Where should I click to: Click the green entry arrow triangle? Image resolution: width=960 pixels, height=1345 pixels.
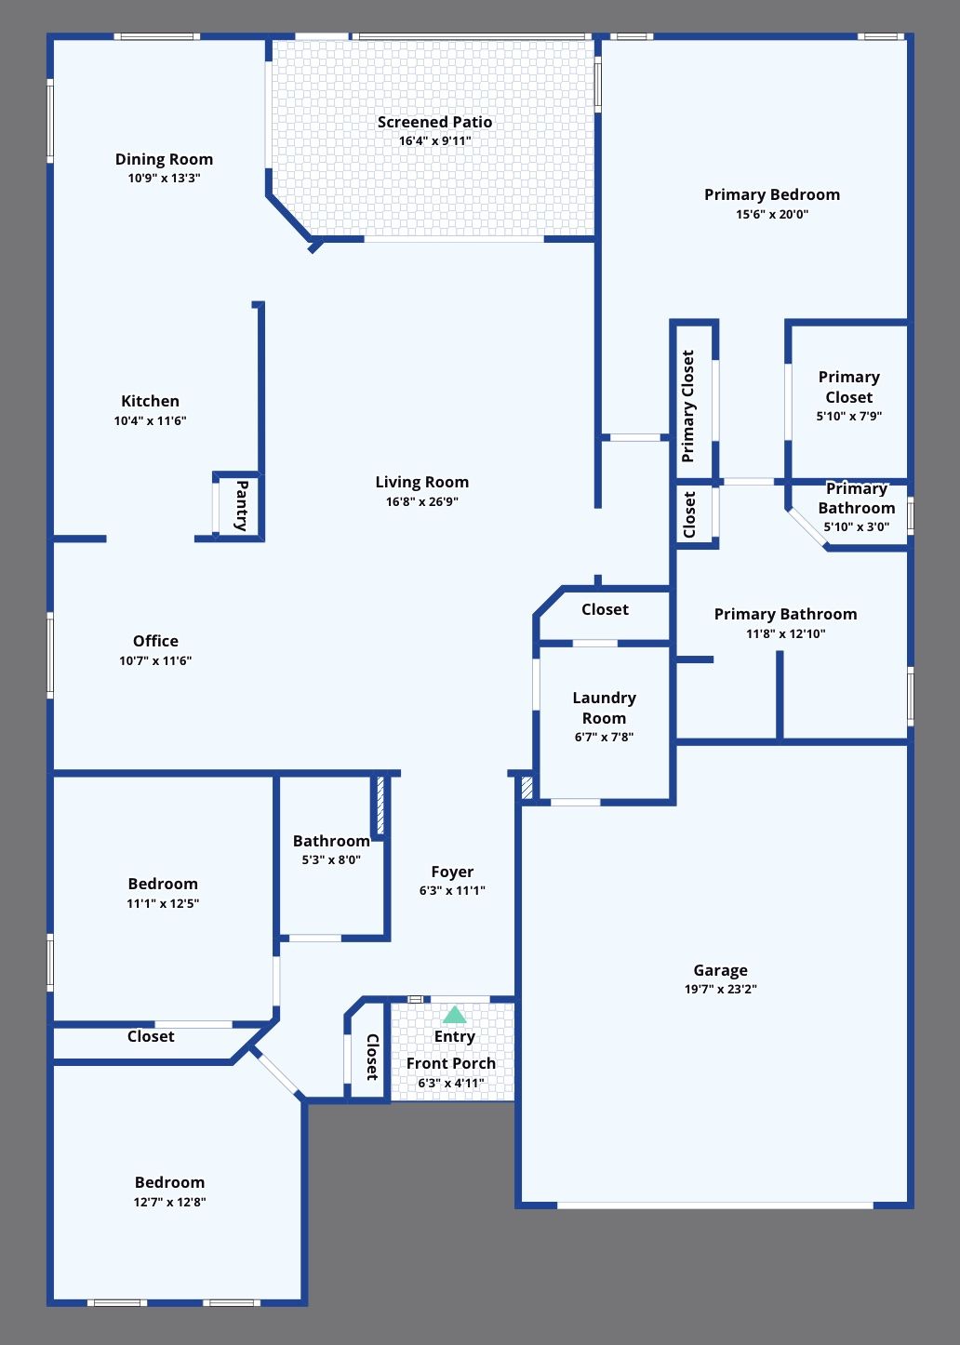tap(454, 1015)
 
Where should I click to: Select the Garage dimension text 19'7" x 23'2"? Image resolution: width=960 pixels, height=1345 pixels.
tap(720, 990)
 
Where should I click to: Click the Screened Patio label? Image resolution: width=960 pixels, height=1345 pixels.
tap(434, 122)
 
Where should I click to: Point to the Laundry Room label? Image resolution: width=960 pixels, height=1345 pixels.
tap(604, 708)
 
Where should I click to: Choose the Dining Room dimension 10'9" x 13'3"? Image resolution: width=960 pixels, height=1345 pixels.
tap(164, 179)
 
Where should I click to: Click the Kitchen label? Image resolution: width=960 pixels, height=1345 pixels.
tap(150, 401)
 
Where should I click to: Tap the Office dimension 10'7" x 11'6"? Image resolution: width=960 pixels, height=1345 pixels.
tap(155, 661)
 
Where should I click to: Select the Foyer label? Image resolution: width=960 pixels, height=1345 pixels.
tap(452, 872)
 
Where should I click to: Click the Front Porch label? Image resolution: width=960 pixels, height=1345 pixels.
tap(451, 1063)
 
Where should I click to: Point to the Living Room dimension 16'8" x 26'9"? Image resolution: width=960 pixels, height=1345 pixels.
tap(421, 502)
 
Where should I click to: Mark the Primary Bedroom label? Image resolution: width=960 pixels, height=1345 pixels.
tap(771, 194)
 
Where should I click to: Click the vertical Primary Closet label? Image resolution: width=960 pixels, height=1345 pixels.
tap(688, 406)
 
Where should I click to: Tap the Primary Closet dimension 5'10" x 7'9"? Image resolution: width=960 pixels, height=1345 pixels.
tap(848, 417)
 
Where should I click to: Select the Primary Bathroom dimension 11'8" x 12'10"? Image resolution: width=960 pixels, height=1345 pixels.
tap(785, 634)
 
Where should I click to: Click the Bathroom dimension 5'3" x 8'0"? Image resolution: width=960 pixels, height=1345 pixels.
tap(331, 860)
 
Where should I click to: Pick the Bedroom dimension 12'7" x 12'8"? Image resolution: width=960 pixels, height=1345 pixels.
tap(169, 1203)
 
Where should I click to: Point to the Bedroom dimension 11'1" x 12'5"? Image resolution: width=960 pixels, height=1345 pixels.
tap(163, 904)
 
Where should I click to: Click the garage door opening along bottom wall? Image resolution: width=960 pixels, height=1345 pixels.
tap(714, 1205)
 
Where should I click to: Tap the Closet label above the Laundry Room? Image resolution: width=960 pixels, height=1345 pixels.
tap(605, 609)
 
